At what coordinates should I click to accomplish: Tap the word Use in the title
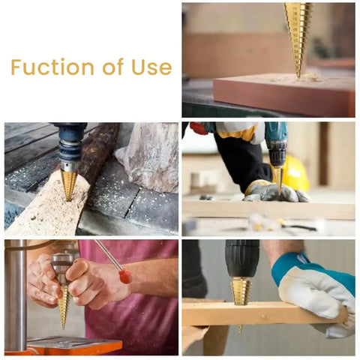(151, 67)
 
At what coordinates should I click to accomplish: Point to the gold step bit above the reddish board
(298, 34)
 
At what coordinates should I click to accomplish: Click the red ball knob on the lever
(125, 276)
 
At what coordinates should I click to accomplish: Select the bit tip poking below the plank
(241, 328)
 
